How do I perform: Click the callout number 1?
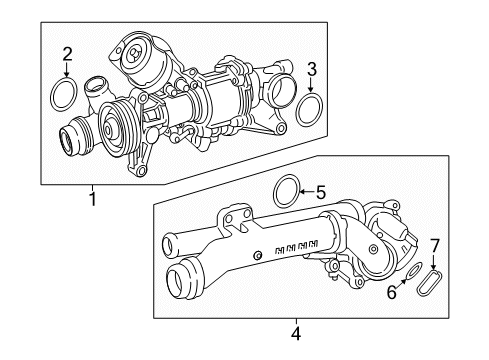[94, 199]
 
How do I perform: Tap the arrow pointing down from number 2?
[67, 70]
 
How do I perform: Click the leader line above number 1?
[94, 186]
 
